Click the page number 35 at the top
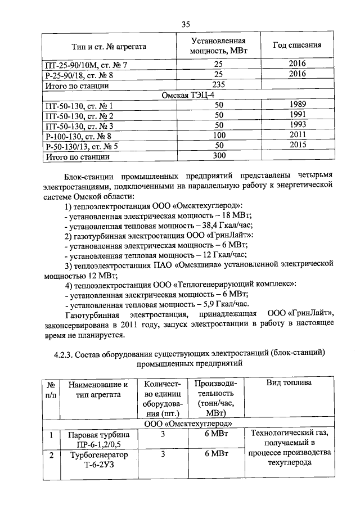point(186,24)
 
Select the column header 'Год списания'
point(297,46)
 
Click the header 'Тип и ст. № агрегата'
point(109,46)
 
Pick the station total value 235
point(219,85)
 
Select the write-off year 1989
point(298,106)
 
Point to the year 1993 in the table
point(298,125)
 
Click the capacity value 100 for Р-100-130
point(219,136)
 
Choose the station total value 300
point(219,156)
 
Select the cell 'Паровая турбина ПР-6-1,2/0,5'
point(98,440)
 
